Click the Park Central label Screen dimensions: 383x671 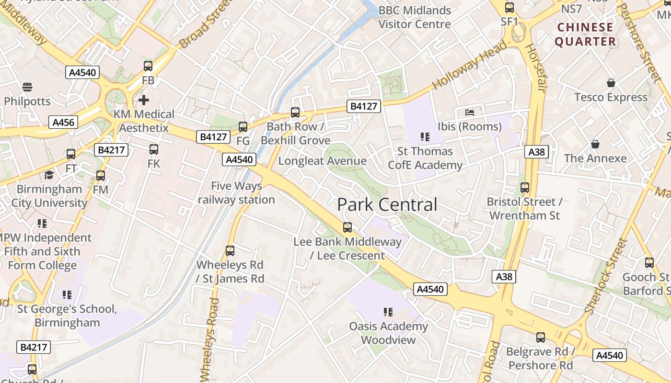(x=387, y=205)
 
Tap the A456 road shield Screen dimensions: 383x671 (x=63, y=122)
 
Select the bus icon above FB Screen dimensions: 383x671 (x=148, y=66)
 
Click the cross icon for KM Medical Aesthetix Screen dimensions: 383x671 (x=143, y=100)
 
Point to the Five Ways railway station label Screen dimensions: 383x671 (x=237, y=192)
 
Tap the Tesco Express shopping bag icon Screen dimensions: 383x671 (x=611, y=83)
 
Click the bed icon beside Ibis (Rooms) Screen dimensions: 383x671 (x=470, y=113)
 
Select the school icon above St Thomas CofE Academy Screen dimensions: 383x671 (x=425, y=137)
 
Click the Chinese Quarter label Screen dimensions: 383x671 (x=585, y=34)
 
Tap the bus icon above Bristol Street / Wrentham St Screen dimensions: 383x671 (x=525, y=188)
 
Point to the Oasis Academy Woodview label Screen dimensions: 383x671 (x=388, y=333)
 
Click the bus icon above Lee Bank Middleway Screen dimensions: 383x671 (x=347, y=227)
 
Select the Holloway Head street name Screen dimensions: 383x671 (x=469, y=65)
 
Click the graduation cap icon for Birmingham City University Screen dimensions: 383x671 (x=48, y=175)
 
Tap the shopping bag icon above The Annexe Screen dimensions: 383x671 (x=595, y=144)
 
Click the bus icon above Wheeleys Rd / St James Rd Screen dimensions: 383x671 (x=230, y=251)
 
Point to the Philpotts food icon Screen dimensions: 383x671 (x=27, y=87)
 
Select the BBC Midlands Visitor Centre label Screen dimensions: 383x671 (x=415, y=17)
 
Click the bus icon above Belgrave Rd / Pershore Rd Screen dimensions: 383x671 (x=541, y=338)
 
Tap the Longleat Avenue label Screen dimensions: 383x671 (x=323, y=161)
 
